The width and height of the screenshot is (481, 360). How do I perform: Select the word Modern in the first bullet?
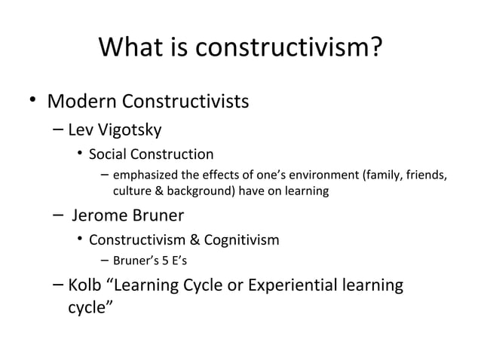tap(84, 100)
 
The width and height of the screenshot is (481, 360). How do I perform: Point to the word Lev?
tap(81, 130)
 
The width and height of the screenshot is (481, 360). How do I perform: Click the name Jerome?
tap(100, 216)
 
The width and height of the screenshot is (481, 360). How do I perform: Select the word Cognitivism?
tap(241, 241)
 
